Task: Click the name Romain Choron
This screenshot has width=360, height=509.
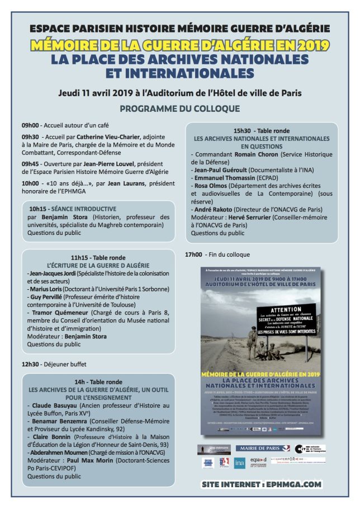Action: (260, 153)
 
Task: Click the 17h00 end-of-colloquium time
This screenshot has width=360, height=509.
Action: (193, 254)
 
